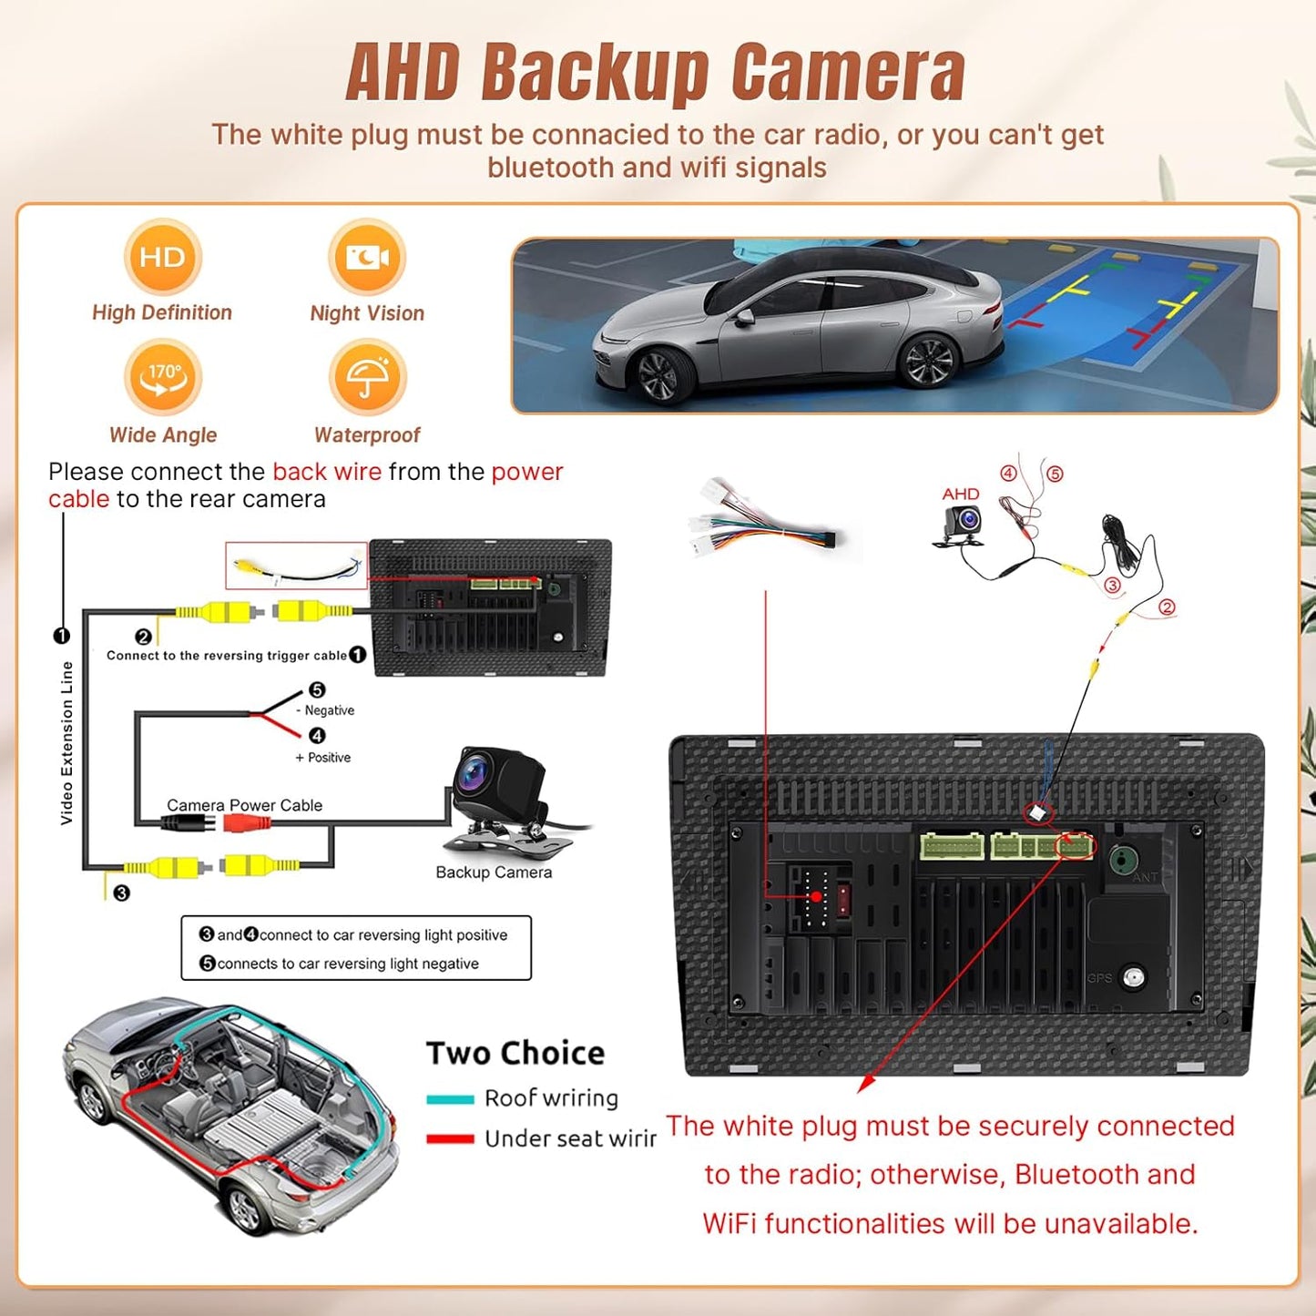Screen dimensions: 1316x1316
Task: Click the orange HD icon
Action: pos(162,258)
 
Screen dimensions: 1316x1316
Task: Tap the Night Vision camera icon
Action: pos(367,258)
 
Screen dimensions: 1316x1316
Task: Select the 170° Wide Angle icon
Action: pos(163,377)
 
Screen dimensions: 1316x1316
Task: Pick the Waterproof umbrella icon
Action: pos(367,377)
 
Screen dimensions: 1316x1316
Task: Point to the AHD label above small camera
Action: pos(961,494)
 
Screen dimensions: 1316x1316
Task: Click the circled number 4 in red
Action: pos(1008,474)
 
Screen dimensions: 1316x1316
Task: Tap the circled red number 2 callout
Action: pos(1167,607)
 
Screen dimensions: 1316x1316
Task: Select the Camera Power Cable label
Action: pos(244,805)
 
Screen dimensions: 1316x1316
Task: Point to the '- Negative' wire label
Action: pos(329,710)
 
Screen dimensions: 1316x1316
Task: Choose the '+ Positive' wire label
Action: pos(323,758)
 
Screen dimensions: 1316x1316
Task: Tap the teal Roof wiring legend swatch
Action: pos(450,1099)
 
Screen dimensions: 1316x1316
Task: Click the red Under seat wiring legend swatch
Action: pos(450,1138)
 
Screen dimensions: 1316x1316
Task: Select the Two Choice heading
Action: pos(515,1054)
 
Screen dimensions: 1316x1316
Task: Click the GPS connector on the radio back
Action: pos(1133,978)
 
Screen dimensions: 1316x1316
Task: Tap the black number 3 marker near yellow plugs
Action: pos(122,893)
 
